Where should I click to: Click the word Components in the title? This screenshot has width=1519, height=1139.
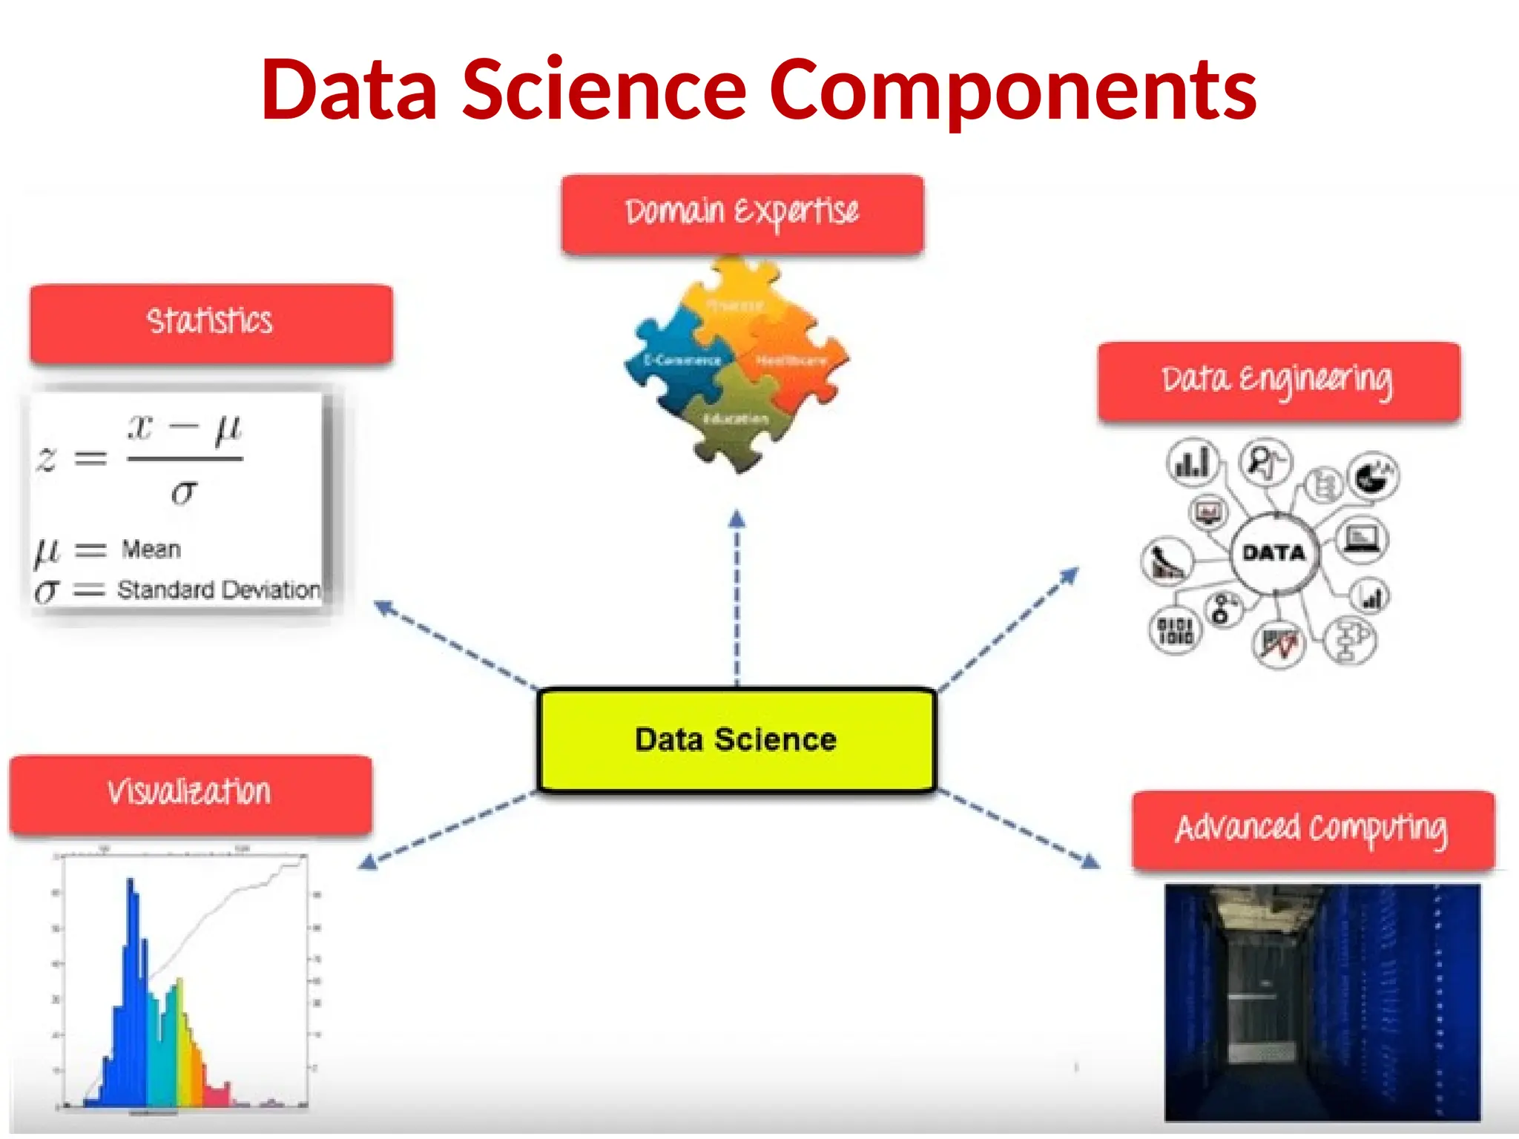click(1013, 90)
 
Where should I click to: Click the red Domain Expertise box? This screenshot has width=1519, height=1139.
click(742, 214)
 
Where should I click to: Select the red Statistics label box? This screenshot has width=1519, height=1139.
click(211, 323)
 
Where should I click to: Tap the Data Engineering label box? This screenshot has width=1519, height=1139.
click(1279, 381)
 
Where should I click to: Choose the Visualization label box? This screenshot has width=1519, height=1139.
click(191, 794)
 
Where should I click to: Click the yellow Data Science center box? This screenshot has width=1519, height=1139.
click(736, 740)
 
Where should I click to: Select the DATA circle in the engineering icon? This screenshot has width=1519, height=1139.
click(1273, 553)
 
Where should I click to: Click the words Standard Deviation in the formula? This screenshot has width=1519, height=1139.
click(219, 590)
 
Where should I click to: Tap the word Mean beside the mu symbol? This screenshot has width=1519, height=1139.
click(151, 549)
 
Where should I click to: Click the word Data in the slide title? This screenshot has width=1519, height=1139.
click(349, 90)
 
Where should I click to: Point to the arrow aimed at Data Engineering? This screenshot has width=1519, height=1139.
click(1009, 630)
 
